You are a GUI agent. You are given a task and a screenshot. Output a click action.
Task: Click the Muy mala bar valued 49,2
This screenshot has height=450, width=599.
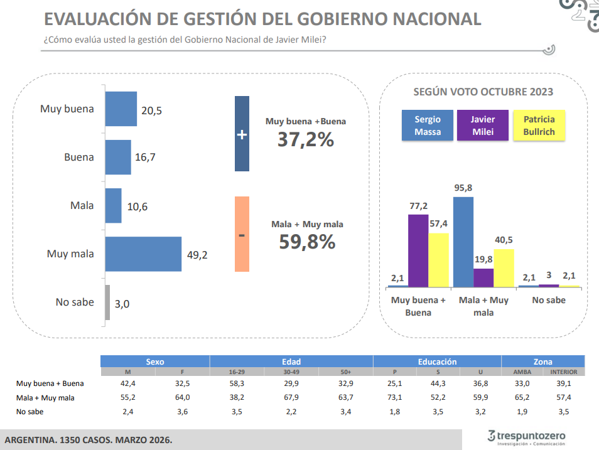143,254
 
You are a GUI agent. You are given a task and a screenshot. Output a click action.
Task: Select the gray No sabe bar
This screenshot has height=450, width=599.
107,303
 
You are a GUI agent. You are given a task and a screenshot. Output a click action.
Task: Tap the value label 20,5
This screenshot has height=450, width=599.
151,110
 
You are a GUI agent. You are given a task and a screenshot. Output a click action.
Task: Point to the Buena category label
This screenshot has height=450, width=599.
79,157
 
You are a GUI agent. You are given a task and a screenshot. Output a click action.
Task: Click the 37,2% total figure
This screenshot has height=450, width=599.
306,139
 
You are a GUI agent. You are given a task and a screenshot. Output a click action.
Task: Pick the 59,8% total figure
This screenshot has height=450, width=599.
307,242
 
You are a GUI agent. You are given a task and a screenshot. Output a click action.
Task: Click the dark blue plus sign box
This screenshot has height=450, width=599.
242,134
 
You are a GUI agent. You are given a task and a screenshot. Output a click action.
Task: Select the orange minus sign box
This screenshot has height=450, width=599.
242,234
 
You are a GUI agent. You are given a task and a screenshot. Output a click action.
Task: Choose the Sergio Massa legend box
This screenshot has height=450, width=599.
428,126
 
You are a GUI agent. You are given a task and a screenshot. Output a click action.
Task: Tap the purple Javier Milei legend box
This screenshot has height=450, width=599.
483,126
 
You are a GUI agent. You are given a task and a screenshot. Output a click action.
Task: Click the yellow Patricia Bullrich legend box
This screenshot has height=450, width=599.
539,126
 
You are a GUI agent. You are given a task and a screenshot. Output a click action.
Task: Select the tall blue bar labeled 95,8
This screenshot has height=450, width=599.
463,242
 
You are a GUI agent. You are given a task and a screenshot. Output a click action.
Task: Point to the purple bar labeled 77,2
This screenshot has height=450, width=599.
418,250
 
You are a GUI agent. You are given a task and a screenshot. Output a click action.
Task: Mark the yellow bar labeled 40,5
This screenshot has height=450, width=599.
504,268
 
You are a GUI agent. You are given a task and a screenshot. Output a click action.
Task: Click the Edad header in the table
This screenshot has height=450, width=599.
291,362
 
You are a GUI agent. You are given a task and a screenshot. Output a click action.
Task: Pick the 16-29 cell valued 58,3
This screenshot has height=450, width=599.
236,383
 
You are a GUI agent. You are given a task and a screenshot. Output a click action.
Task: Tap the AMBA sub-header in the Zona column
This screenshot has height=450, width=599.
522,372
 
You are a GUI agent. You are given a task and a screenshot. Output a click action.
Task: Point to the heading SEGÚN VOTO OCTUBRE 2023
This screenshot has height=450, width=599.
483,92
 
